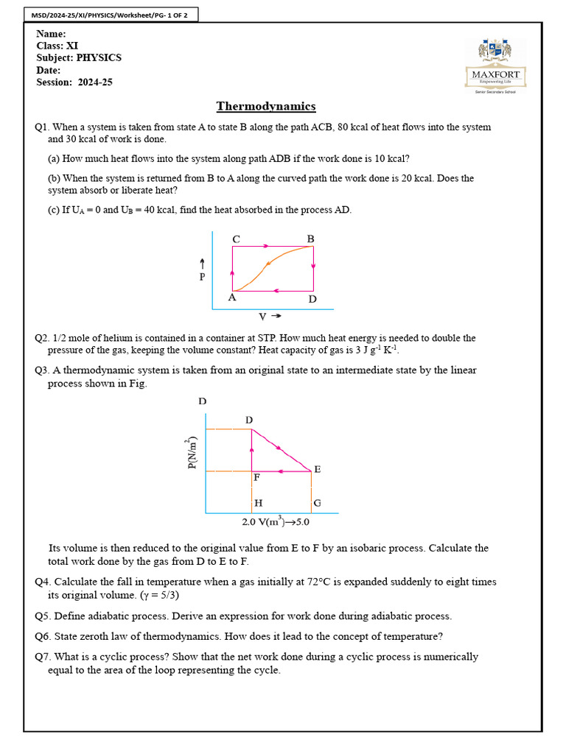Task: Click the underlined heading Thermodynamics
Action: (x=265, y=106)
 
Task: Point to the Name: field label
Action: (x=51, y=34)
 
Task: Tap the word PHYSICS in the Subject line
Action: (x=99, y=57)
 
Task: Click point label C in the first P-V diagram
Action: (x=236, y=239)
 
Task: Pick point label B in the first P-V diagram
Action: (x=310, y=239)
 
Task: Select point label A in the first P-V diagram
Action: (x=231, y=298)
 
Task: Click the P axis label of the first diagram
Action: (x=202, y=278)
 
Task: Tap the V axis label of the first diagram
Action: (x=263, y=317)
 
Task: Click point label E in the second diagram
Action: (x=317, y=469)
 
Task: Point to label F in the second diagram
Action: (x=256, y=477)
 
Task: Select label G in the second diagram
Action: (x=317, y=504)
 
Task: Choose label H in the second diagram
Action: (x=258, y=504)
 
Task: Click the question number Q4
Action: (x=43, y=582)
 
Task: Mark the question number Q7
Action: (x=43, y=657)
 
